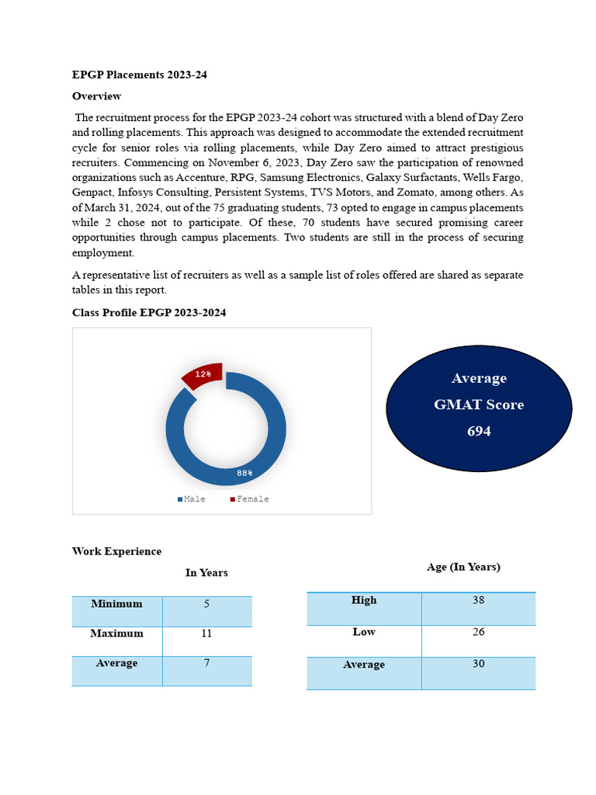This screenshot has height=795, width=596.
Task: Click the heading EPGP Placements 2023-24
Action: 140,75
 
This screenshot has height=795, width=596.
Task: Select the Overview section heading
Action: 96,96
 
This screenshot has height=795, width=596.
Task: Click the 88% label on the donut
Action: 244,472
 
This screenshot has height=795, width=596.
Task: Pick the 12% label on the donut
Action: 203,374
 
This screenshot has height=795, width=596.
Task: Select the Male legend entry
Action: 192,499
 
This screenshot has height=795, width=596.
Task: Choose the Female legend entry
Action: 249,499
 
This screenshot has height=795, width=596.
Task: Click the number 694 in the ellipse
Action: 479,431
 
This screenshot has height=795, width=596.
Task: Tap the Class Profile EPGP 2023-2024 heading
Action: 149,312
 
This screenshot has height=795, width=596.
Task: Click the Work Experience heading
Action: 116,551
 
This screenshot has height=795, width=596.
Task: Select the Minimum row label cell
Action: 116,604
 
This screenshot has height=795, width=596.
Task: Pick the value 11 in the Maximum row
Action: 206,634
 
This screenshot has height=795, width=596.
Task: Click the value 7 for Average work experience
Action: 206,663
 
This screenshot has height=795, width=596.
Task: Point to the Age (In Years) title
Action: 463,568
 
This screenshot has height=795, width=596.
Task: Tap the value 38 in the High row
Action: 478,600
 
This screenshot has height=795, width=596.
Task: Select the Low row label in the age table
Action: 364,632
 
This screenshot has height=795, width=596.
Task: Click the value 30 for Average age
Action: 478,665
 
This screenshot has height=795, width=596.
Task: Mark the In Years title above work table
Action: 206,573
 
